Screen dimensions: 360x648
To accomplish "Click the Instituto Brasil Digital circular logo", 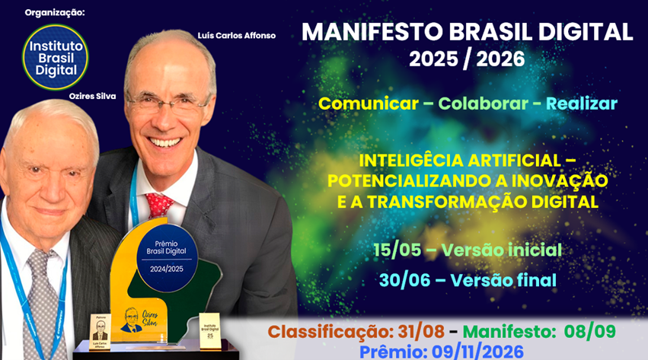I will (x=54, y=56).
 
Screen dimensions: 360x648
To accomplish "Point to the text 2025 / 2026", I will (x=467, y=58).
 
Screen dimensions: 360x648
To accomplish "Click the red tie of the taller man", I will (x=159, y=204).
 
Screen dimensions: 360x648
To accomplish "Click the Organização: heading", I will (x=55, y=13).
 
